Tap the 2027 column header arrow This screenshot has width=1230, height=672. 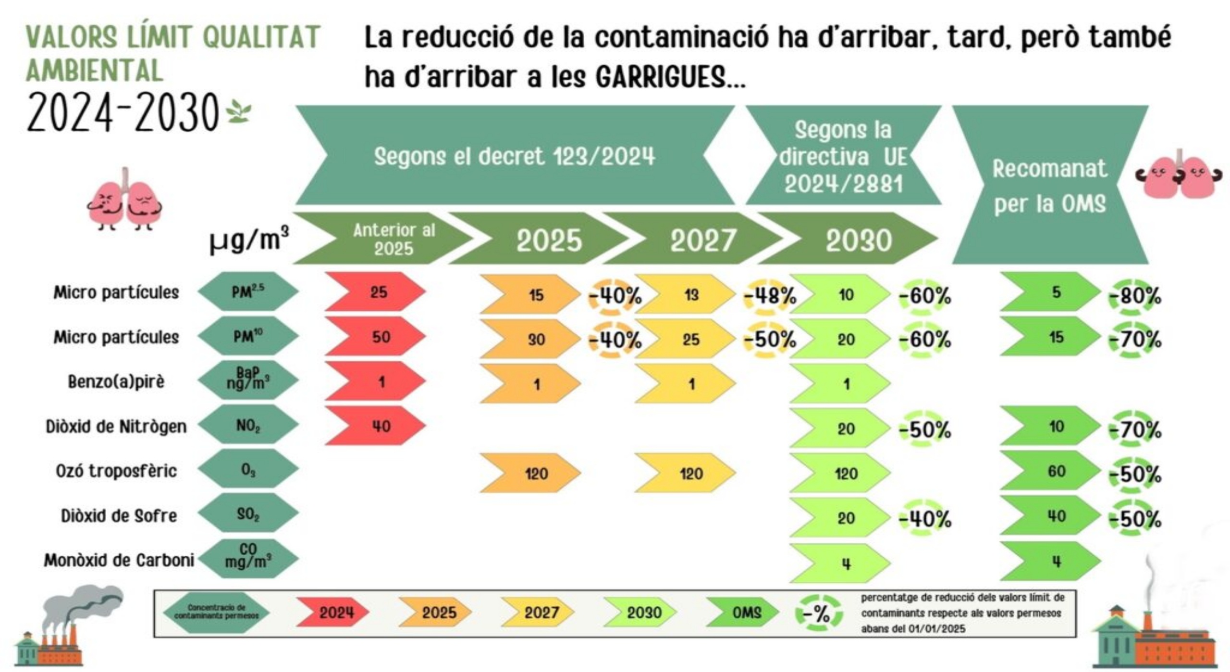(x=694, y=239)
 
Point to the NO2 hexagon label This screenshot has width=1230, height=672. (x=248, y=425)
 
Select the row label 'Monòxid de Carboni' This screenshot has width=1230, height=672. (x=119, y=560)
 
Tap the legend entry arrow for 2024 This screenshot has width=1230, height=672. (x=332, y=612)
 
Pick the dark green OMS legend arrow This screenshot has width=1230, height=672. (x=743, y=612)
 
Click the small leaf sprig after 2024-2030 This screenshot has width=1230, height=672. (x=239, y=111)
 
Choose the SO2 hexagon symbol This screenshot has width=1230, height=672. (x=248, y=514)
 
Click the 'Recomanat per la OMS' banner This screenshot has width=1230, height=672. (x=1050, y=185)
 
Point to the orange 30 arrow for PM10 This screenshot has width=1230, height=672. (x=530, y=339)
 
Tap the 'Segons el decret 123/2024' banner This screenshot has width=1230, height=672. (x=515, y=156)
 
